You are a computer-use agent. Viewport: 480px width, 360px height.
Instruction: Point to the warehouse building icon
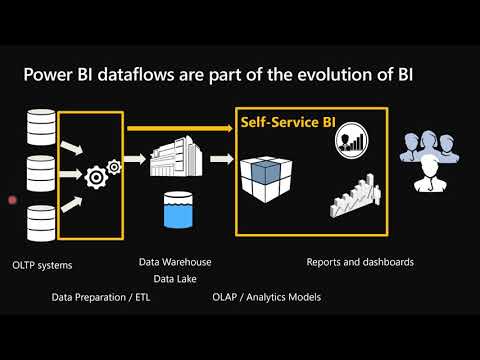[177, 158]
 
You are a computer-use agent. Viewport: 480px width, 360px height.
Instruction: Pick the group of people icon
[429, 158]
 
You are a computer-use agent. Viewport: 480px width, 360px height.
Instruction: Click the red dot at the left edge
[12, 200]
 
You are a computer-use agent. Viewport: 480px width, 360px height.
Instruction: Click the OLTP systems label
[42, 266]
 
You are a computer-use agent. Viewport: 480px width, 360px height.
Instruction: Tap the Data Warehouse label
[175, 262]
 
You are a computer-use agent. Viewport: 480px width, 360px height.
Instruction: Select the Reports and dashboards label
[360, 262]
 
